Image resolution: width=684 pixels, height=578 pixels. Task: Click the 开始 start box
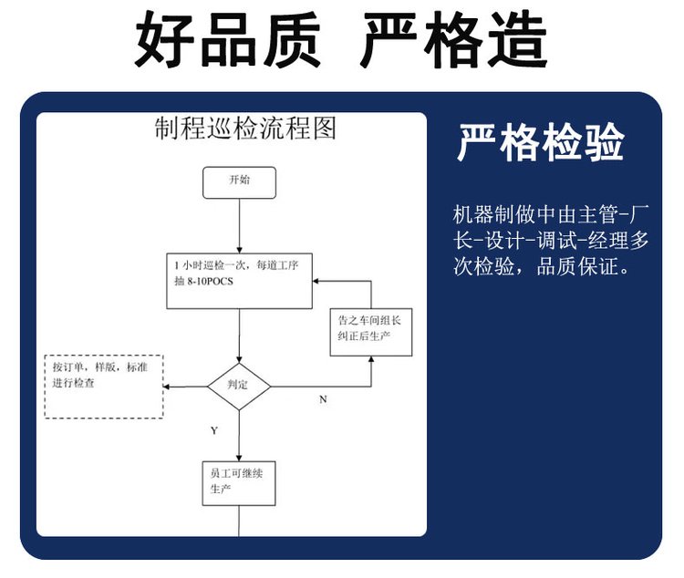[x=239, y=182]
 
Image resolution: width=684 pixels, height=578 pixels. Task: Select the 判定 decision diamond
[x=239, y=387]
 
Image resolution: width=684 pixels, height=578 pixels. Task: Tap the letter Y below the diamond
[x=214, y=431]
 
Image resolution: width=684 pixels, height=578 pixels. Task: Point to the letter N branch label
[x=323, y=399]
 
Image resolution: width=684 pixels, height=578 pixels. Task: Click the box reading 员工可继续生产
[x=239, y=483]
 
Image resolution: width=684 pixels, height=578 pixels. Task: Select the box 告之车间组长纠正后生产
[x=371, y=333]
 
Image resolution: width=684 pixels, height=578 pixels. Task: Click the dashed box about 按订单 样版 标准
[x=104, y=387]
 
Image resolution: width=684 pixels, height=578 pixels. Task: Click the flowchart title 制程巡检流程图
[x=245, y=129]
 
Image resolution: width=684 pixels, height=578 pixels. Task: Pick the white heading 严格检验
[x=541, y=142]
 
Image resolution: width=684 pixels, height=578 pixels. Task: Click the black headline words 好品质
[x=227, y=39]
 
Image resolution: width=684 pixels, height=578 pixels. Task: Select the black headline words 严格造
[x=453, y=39]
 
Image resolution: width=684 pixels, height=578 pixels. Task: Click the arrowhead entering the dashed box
[x=166, y=387]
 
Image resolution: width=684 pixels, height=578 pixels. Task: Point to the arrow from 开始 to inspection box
[x=239, y=226]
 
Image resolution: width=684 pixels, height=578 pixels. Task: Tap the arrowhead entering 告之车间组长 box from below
[x=371, y=359]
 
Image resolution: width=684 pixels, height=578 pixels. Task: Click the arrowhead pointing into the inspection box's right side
[x=316, y=282]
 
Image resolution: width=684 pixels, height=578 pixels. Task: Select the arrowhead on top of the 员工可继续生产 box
[x=239, y=458]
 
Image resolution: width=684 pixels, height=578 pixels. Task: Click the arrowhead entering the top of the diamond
[x=239, y=360]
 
